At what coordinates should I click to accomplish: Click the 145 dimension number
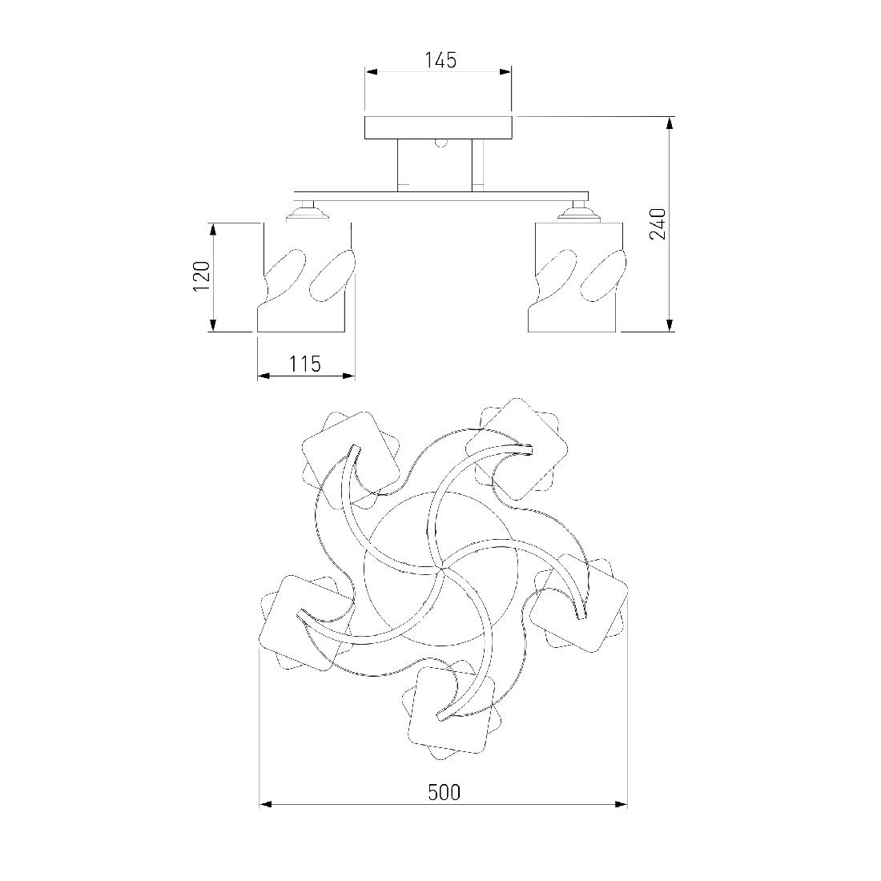[x=440, y=59]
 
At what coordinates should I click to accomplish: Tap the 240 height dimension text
[x=658, y=223]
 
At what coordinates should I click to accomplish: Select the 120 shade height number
[x=202, y=276]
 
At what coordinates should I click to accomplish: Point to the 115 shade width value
[x=305, y=364]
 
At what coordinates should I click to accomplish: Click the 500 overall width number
[x=444, y=792]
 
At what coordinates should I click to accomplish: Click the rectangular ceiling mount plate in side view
[x=438, y=127]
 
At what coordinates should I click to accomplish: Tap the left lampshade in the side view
[x=306, y=277]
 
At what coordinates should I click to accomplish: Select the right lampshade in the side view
[x=577, y=277]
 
